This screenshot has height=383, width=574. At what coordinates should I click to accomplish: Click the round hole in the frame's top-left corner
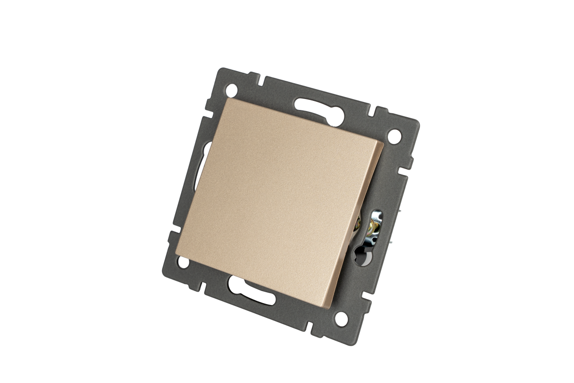(233, 88)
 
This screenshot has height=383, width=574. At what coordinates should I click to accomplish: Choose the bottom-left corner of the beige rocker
(176, 252)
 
